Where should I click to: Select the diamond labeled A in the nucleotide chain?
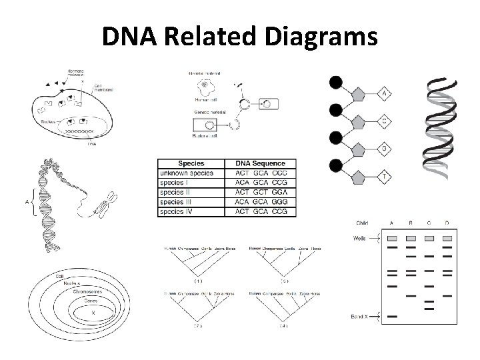385,93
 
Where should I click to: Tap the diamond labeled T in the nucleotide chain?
385,176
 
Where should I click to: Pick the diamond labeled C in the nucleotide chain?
385,121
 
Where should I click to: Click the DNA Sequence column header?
260,163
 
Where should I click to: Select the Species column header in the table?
191,163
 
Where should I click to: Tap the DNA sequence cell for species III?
260,203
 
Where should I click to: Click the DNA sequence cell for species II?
260,193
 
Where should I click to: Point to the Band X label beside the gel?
363,316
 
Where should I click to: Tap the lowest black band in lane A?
393,316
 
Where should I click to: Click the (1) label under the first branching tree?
197,282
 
